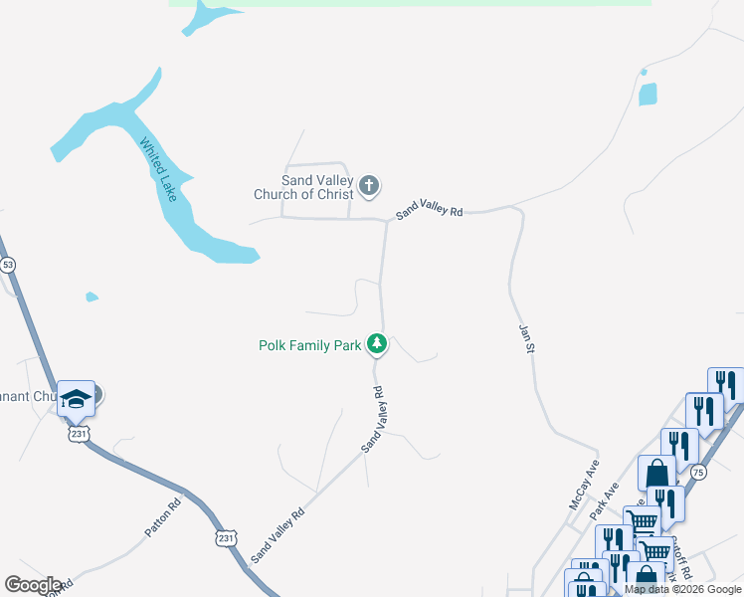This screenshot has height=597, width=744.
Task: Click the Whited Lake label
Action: pyautogui.click(x=159, y=169)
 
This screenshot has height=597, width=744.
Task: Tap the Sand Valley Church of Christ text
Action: pyautogui.click(x=303, y=187)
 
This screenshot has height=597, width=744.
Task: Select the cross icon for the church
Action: pyautogui.click(x=369, y=185)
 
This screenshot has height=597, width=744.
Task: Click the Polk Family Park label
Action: pyautogui.click(x=309, y=345)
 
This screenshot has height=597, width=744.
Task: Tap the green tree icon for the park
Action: pyautogui.click(x=376, y=344)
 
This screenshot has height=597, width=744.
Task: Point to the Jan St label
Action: pyautogui.click(x=529, y=336)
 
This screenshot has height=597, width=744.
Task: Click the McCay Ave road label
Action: pyautogui.click(x=584, y=485)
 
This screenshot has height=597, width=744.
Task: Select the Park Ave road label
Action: pyautogui.click(x=604, y=501)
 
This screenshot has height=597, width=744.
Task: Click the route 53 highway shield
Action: pyautogui.click(x=8, y=265)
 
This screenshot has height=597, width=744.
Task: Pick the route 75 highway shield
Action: pyautogui.click(x=698, y=473)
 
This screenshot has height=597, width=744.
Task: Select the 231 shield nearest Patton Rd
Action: pyautogui.click(x=226, y=537)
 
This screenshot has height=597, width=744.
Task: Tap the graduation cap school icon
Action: pyautogui.click(x=76, y=398)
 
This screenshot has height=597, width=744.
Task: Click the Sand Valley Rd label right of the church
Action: pyautogui.click(x=430, y=212)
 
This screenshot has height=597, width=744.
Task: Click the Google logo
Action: pyautogui.click(x=33, y=585)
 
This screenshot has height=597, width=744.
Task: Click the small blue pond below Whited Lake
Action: pyautogui.click(x=92, y=297)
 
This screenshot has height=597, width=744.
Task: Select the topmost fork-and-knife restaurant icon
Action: pyautogui.click(x=725, y=385)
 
